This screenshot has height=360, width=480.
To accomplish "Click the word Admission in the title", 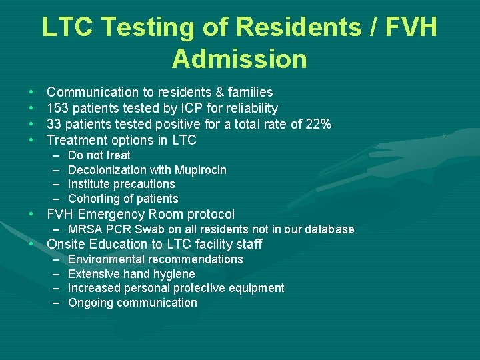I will coord(239,59).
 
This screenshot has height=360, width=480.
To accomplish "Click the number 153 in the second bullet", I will coord(57,108).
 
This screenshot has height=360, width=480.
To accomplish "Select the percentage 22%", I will coord(318,124).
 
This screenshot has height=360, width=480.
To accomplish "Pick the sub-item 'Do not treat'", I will coord(99,155).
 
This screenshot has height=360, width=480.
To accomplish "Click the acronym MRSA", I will coord(85,229).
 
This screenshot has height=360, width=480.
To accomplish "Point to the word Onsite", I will coord(66,244).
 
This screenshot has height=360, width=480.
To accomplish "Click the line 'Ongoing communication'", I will coord(133,303).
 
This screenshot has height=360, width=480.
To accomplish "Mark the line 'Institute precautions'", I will coord(121,184).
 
